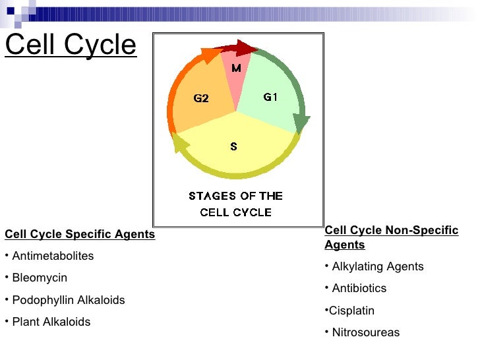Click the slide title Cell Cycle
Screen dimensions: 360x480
click(x=71, y=45)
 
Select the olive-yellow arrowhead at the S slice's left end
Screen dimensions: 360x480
click(x=179, y=142)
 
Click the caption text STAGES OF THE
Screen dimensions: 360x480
click(x=235, y=196)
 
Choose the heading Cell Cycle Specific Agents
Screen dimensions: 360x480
click(x=80, y=234)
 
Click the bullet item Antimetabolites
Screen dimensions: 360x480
click(x=53, y=256)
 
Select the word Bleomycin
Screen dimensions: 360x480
click(x=40, y=278)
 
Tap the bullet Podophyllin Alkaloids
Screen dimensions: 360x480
click(x=68, y=300)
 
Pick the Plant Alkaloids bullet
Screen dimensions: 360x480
click(x=51, y=322)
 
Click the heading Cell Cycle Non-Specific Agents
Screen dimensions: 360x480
click(x=391, y=237)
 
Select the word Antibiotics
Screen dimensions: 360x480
click(x=359, y=288)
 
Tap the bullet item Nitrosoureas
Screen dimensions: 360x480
click(x=365, y=332)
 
